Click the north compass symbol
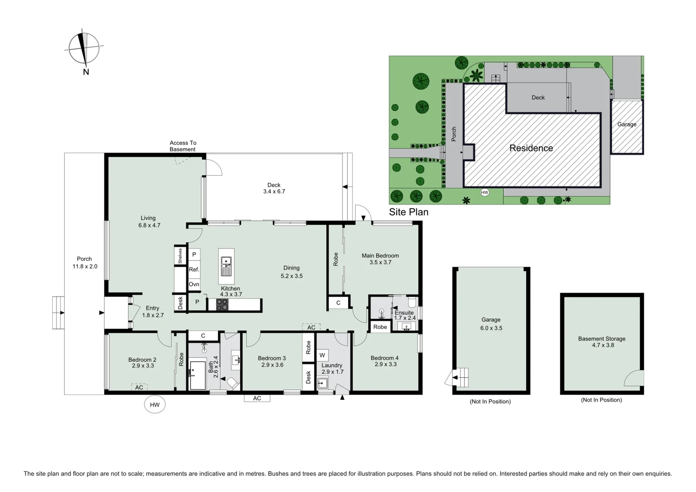point(84,48)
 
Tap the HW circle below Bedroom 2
point(155,405)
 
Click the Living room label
point(148,221)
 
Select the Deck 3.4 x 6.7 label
point(274,188)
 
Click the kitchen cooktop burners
point(222,305)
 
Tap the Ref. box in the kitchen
point(194,269)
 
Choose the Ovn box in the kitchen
point(194,284)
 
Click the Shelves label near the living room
point(180,256)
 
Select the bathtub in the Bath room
point(198,375)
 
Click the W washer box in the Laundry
point(322,355)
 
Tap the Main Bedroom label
point(380,259)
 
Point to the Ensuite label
point(404,315)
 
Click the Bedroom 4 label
point(385,361)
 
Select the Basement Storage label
point(602,342)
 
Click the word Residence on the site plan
point(531,148)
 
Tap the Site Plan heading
point(409,212)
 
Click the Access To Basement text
point(183,146)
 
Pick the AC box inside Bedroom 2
point(139,387)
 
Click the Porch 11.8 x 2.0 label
point(85,262)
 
